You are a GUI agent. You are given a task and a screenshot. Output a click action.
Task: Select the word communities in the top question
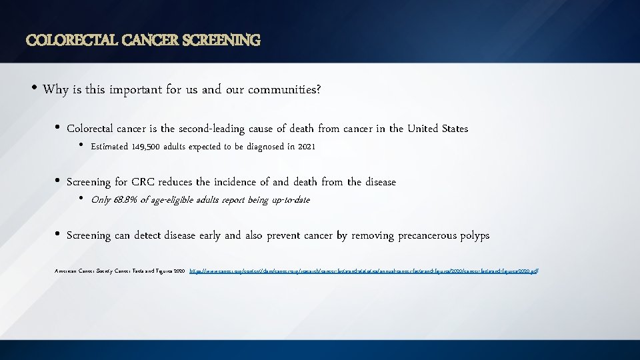(283, 89)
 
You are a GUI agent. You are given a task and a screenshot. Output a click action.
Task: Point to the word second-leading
(211, 129)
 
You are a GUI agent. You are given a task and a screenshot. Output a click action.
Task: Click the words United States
(437, 129)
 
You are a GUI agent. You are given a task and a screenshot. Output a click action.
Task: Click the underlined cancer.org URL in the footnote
(363, 272)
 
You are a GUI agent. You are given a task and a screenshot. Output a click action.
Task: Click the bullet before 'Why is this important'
(33, 88)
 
